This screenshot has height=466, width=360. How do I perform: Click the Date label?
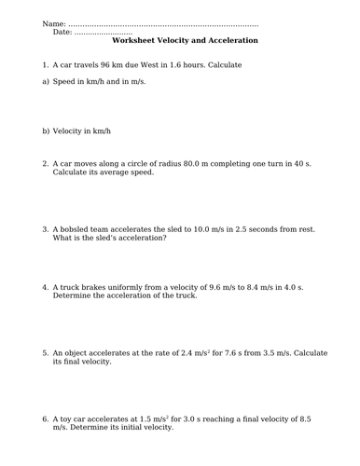[62, 32]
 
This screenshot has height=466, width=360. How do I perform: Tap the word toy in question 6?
[68, 419]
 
